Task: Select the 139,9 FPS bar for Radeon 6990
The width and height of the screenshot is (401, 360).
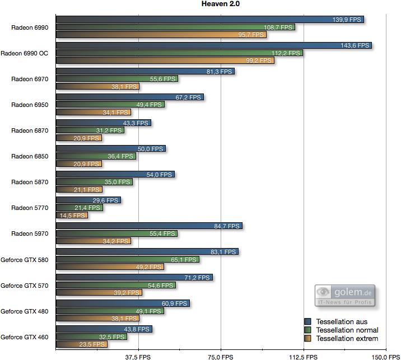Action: point(210,20)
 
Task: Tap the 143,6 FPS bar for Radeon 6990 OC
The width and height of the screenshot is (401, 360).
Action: point(214,45)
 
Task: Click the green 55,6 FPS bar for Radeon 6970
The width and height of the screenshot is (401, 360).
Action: point(116,79)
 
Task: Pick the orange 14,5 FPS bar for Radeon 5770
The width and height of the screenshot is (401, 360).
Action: point(72,215)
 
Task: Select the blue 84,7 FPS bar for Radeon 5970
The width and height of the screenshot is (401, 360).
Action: point(149,226)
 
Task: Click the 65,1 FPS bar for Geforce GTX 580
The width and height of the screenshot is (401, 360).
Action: point(127,259)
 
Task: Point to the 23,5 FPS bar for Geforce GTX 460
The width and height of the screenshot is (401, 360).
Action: point(82,344)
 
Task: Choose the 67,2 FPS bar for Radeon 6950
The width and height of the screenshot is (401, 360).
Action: point(129,97)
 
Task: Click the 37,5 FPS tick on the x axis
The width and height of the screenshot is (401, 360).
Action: point(137,356)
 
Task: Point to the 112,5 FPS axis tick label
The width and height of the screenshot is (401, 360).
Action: point(302,356)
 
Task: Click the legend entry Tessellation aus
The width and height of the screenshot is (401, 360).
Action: point(342,321)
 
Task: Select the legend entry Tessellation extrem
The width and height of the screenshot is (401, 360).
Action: point(347,338)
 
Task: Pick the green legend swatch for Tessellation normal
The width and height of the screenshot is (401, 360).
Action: point(307,330)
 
